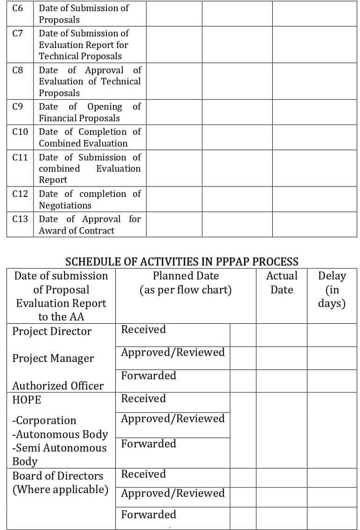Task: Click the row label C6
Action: point(18,8)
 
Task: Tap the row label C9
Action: point(18,106)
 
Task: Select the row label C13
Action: point(20,219)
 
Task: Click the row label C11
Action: point(20,157)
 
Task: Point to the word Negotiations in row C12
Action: point(65,205)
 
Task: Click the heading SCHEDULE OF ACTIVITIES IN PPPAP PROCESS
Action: point(182,261)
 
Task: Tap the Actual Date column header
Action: point(282,282)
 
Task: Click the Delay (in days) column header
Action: point(332,289)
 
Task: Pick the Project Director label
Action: point(52,331)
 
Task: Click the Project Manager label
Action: point(53,358)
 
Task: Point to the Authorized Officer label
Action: point(58,386)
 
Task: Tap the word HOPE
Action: point(27,400)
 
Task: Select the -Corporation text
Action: point(44,420)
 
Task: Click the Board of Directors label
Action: point(58,476)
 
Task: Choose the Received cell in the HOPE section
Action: point(143,398)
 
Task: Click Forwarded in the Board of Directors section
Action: point(148,515)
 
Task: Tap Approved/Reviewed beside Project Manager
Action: point(173,352)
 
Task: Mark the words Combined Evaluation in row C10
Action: point(83,143)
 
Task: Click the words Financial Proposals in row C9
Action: point(79,118)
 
